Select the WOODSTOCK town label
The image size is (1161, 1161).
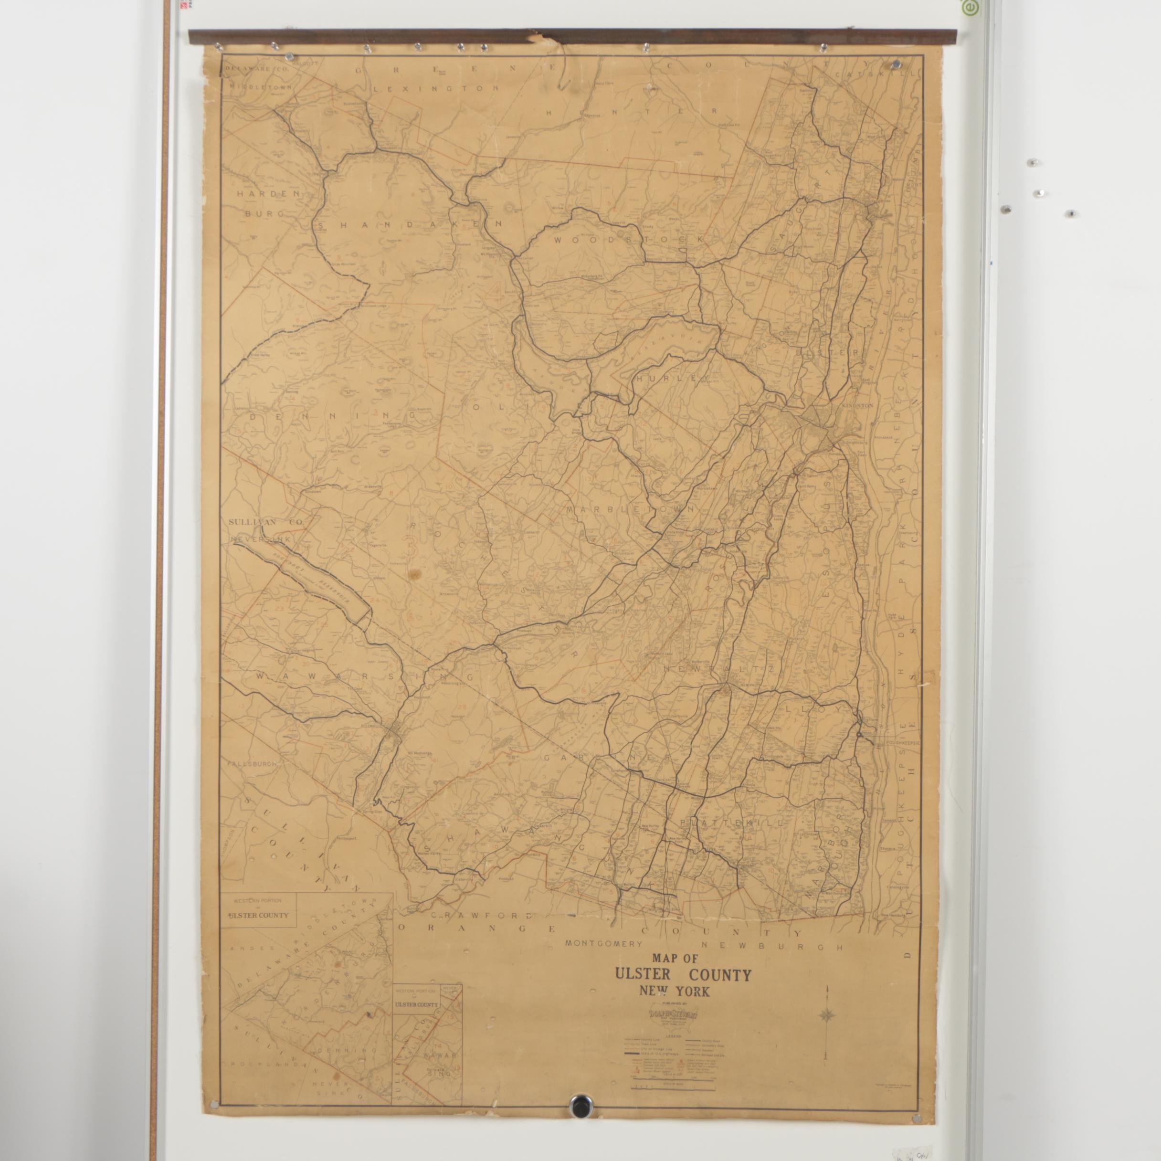[629, 240]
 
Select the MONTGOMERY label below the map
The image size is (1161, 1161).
[603, 944]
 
